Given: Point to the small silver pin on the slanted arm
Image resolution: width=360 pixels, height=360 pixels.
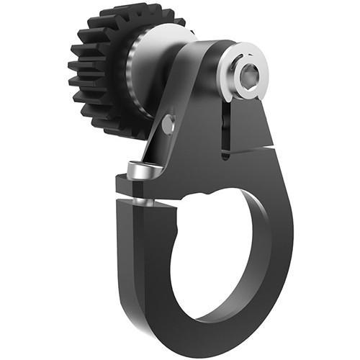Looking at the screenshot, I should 168,125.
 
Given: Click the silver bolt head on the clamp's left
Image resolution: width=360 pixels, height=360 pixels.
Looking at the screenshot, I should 143,171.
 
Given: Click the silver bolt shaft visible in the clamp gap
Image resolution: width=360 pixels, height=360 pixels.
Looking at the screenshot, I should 144,201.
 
